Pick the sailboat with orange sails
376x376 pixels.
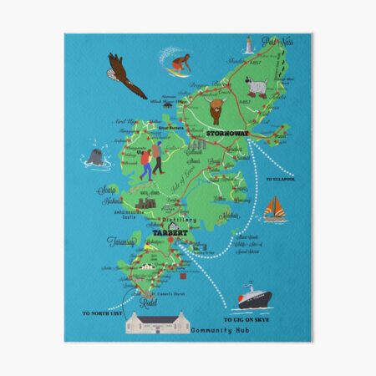(x=273, y=210)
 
